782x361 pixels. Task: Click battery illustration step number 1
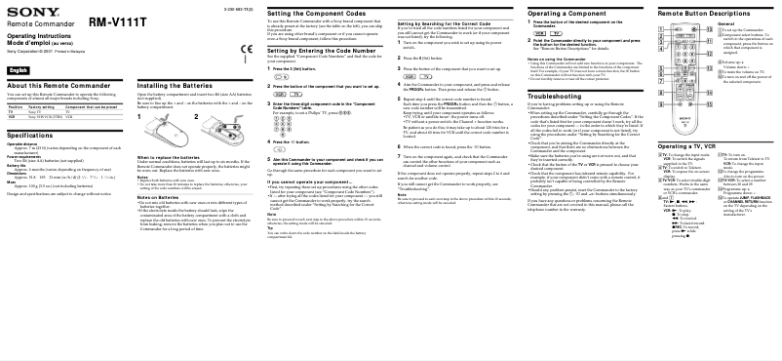[140, 118]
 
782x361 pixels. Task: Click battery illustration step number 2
[197, 118]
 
